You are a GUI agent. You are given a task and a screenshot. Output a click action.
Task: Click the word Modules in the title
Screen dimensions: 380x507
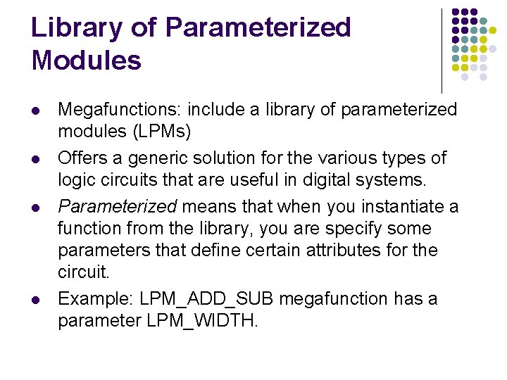coord(87,61)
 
